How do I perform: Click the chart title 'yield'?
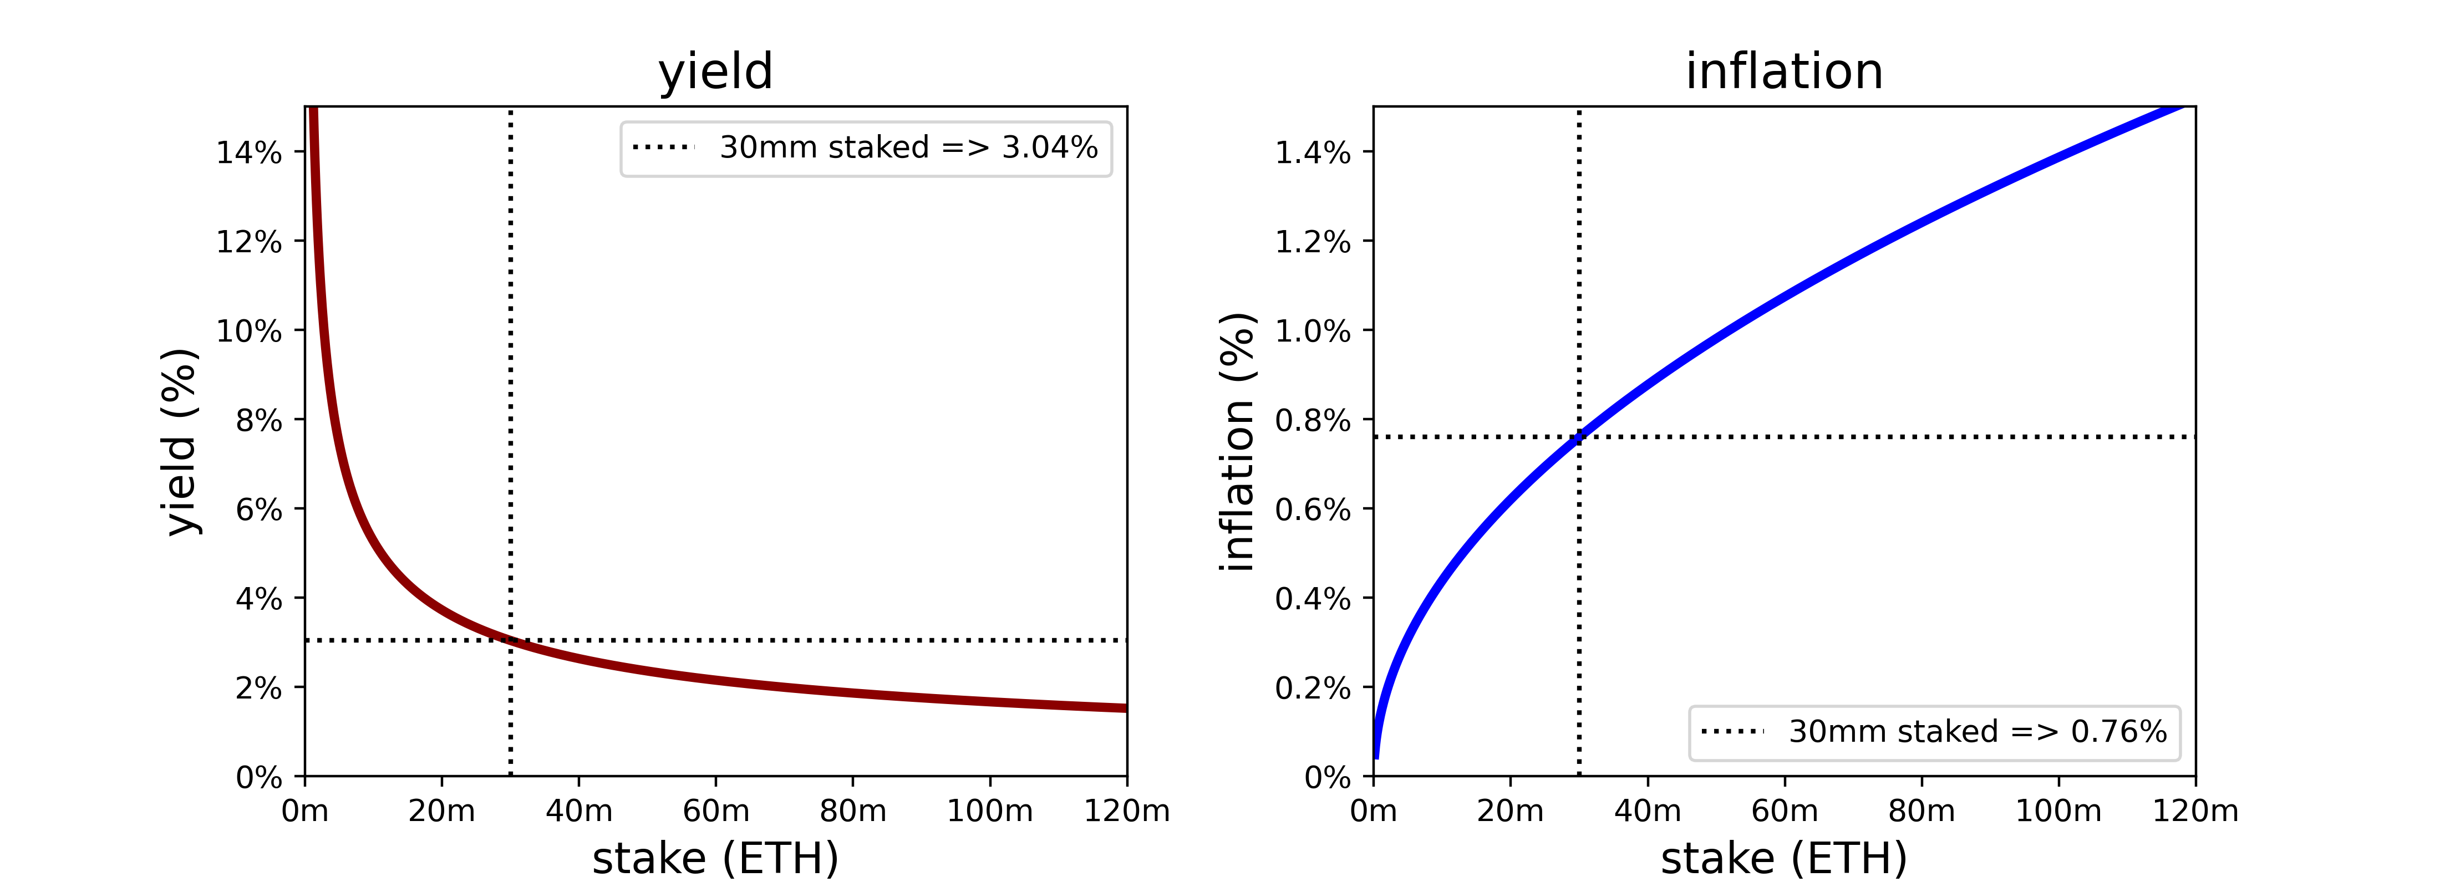(715, 72)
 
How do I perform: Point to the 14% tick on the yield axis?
(249, 152)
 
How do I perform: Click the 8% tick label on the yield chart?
(258, 420)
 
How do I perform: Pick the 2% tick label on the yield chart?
(258, 688)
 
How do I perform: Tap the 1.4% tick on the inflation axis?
(1312, 152)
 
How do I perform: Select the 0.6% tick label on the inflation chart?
(1312, 510)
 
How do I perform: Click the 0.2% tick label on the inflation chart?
(1312, 688)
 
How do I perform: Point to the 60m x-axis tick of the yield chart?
(715, 811)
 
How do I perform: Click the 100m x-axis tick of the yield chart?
(990, 811)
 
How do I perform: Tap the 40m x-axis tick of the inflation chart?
(1647, 811)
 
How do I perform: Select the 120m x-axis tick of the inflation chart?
(2195, 811)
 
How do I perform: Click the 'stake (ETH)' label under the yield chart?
(715, 859)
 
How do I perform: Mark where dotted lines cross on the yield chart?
(511, 641)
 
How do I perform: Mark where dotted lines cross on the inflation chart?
(1579, 437)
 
